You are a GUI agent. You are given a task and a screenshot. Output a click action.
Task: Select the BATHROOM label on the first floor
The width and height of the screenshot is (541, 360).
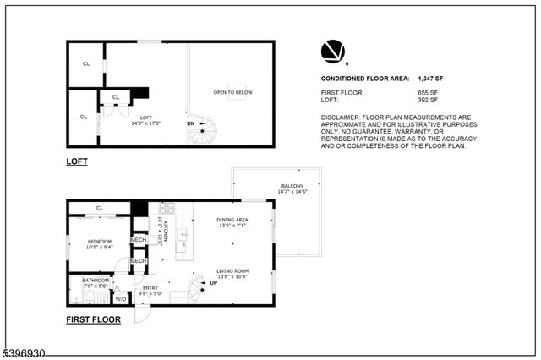pos(96,280)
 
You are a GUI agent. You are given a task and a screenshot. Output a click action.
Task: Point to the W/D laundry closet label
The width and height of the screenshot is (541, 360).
pos(120,298)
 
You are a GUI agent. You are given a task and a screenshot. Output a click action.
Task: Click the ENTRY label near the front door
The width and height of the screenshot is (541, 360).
pos(150,288)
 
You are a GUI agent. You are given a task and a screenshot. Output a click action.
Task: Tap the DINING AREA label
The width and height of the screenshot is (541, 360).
pos(231,220)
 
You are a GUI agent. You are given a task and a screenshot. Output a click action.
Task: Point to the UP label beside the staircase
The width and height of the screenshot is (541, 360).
pos(213,283)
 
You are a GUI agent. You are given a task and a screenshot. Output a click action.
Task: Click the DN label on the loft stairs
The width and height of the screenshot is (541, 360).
pos(191,123)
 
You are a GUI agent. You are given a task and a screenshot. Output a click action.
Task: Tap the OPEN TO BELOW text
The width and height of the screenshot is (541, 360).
pos(232,92)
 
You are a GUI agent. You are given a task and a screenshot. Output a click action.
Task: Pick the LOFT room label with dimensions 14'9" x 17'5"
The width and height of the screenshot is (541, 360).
pos(145,118)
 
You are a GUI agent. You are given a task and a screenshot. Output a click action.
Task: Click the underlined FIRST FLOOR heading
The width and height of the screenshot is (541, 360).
pos(93,319)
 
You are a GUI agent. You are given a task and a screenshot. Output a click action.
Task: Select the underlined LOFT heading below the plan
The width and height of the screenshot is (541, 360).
pos(77,161)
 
